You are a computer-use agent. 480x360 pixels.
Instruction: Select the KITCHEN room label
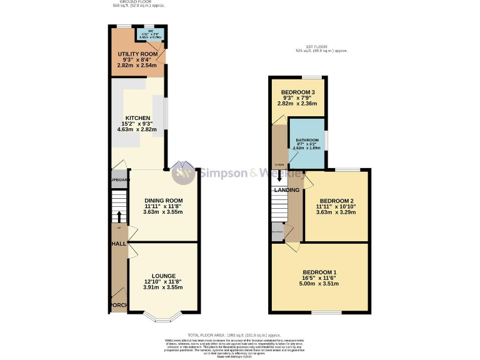click(x=137, y=117)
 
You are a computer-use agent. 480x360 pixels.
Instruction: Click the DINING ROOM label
click(x=162, y=200)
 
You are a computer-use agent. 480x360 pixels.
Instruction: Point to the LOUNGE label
click(x=162, y=276)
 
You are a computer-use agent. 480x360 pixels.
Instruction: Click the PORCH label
click(x=118, y=305)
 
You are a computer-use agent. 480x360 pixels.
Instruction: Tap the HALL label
click(x=118, y=243)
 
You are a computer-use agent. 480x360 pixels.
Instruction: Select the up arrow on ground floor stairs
click(x=118, y=216)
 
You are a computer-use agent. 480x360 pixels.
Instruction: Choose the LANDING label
click(x=286, y=190)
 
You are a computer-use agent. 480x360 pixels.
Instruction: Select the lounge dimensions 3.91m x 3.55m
click(x=162, y=287)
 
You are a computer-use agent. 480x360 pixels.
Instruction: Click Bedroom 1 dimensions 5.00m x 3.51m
click(x=319, y=284)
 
